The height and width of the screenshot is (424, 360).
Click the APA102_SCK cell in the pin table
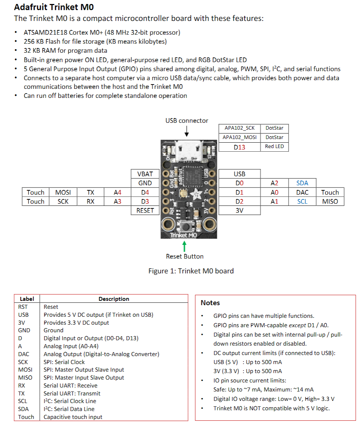[x=239, y=128]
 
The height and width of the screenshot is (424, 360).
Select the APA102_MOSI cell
[x=239, y=137]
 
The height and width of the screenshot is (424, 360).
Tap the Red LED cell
[x=274, y=146]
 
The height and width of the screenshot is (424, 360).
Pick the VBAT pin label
[x=145, y=174]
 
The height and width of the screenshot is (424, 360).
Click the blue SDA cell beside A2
[x=302, y=183]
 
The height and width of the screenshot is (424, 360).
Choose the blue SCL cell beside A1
[x=302, y=202]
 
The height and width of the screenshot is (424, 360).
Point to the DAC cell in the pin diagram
[x=302, y=192]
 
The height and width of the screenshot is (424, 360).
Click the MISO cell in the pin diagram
[x=330, y=202]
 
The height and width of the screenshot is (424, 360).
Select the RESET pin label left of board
[x=145, y=211]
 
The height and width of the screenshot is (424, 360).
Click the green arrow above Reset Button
[x=184, y=246]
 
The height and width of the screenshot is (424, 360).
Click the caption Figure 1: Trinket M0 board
[x=191, y=271]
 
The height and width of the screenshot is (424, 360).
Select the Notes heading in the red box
[x=210, y=303]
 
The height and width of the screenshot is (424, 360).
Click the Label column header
[x=27, y=299]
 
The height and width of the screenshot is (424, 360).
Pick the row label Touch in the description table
[x=26, y=417]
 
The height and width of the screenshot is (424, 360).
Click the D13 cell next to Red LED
[x=239, y=147]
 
